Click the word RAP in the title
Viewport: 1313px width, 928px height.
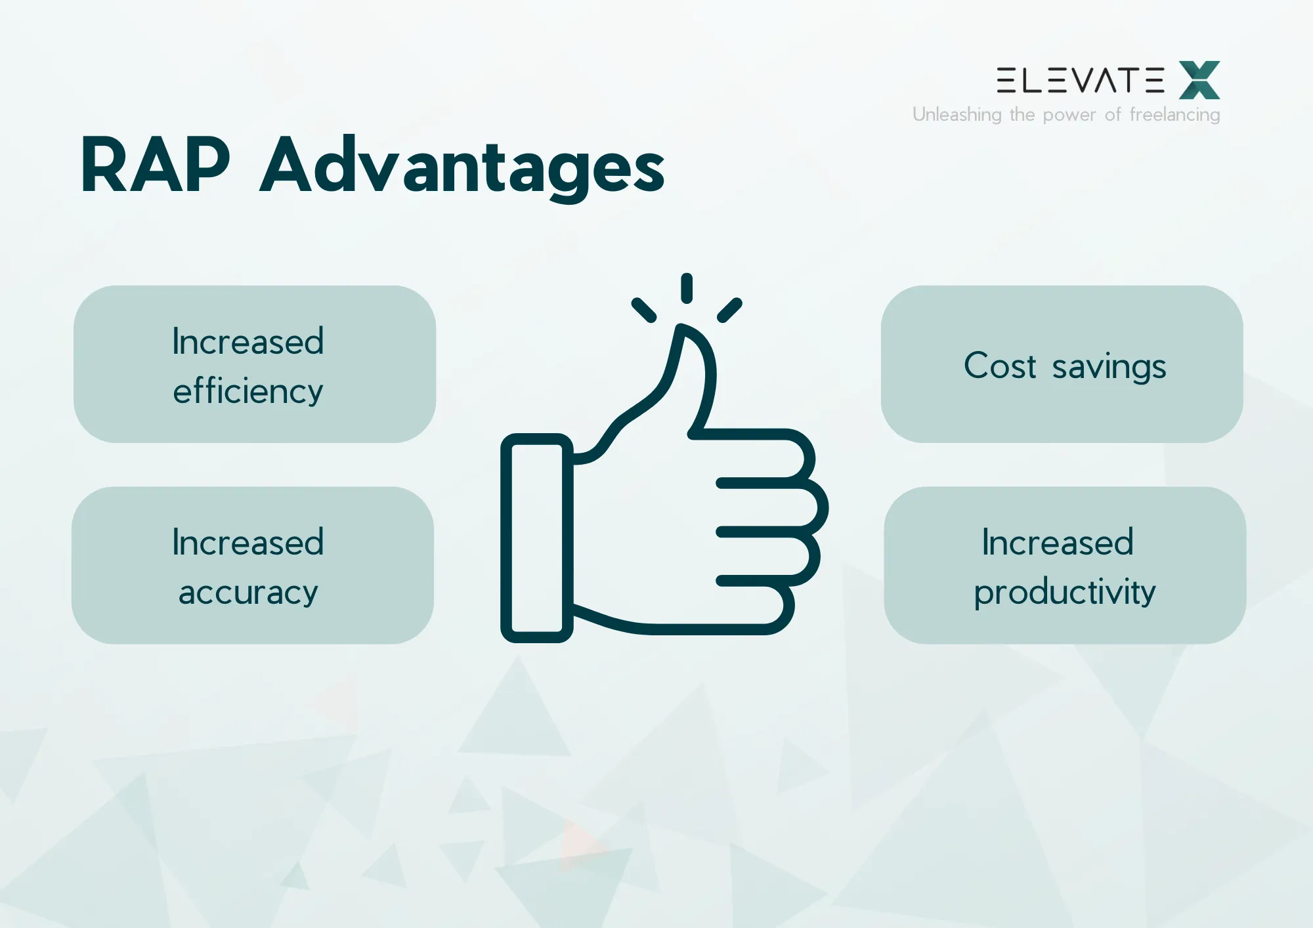point(155,165)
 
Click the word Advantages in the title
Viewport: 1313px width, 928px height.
point(462,167)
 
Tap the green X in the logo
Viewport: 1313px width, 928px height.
point(1199,80)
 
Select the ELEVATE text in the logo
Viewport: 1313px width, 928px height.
point(1080,80)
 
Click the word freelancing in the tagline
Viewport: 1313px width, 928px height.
point(1174,115)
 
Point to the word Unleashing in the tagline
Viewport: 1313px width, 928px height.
point(957,115)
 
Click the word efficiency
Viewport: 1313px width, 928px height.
point(248,391)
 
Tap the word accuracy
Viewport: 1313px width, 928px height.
point(248,593)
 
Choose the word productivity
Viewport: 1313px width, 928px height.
point(1064,593)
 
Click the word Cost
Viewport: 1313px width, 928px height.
point(1000,366)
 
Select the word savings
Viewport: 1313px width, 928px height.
point(1109,367)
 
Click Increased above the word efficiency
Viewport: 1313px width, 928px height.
point(248,341)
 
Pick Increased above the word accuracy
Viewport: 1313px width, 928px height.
point(248,543)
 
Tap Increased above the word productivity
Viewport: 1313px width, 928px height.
point(1058,543)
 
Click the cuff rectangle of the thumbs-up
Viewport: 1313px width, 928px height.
point(536,538)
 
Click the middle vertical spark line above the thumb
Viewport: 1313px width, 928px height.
point(687,288)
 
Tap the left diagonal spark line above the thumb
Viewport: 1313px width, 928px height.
point(644,310)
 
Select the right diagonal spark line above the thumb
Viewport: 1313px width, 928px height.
point(729,310)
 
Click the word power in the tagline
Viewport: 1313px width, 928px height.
point(1069,116)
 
